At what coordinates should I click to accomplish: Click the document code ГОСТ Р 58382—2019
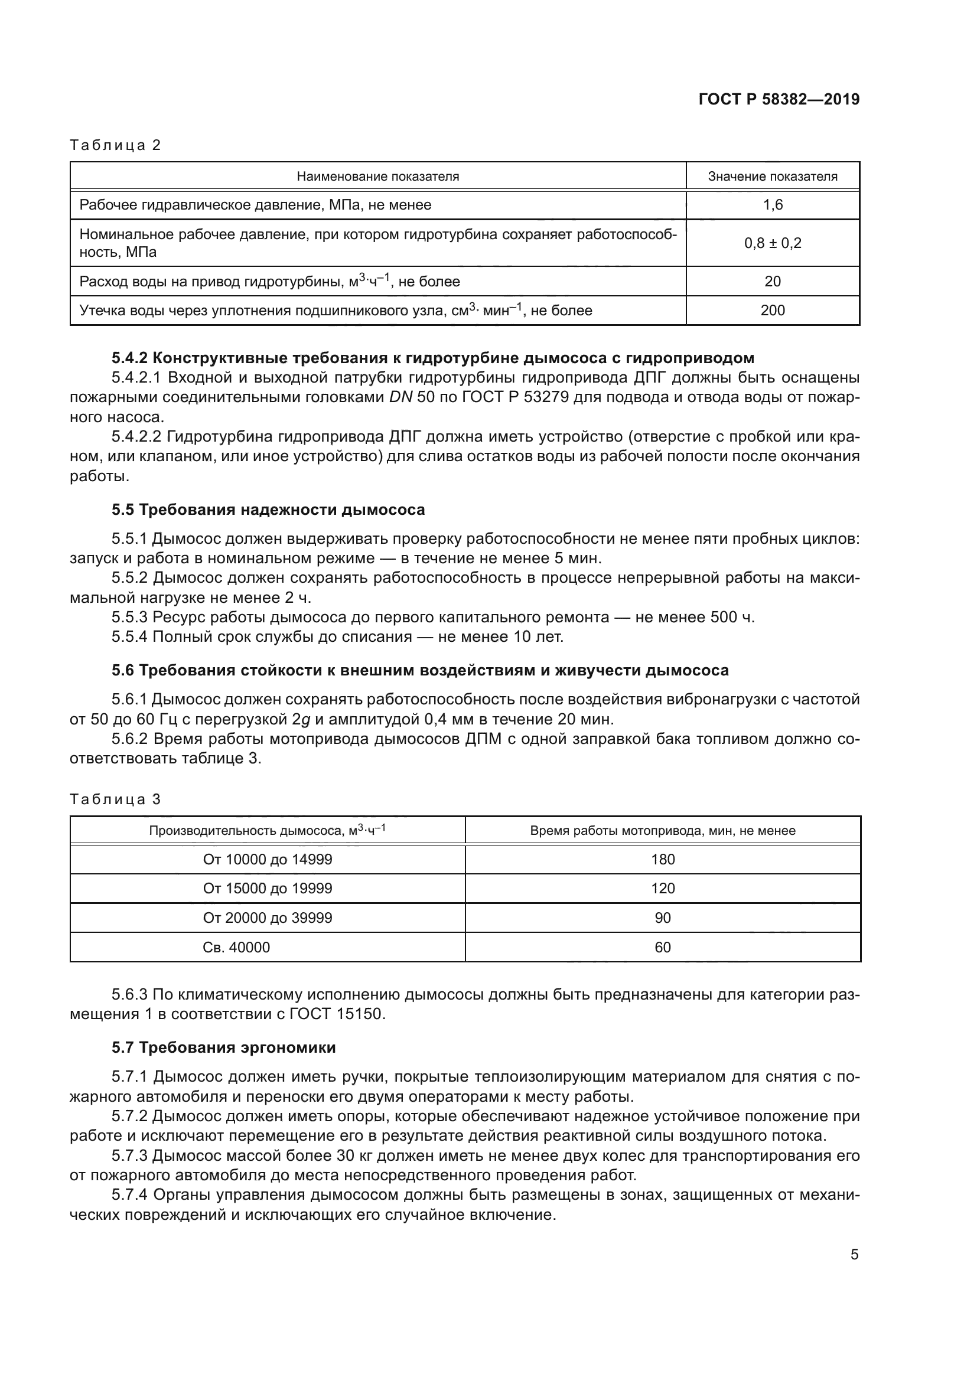(x=779, y=99)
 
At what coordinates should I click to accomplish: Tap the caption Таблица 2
(x=116, y=145)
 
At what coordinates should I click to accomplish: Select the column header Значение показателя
(x=773, y=176)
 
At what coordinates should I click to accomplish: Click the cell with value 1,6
(x=773, y=205)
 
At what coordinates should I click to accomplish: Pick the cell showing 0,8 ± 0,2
(x=773, y=243)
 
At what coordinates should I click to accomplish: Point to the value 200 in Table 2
(x=773, y=311)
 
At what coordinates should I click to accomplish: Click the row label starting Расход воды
(x=269, y=282)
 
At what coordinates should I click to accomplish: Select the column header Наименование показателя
(x=378, y=176)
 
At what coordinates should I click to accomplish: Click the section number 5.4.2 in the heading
(x=129, y=358)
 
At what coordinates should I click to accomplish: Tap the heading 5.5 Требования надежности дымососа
(x=268, y=510)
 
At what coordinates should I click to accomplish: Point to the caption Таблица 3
(x=116, y=799)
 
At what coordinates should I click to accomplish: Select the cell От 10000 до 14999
(x=268, y=860)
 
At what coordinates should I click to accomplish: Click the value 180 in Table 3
(x=663, y=860)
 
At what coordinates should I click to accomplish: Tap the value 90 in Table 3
(x=663, y=919)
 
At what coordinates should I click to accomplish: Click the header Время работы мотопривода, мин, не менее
(x=663, y=831)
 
